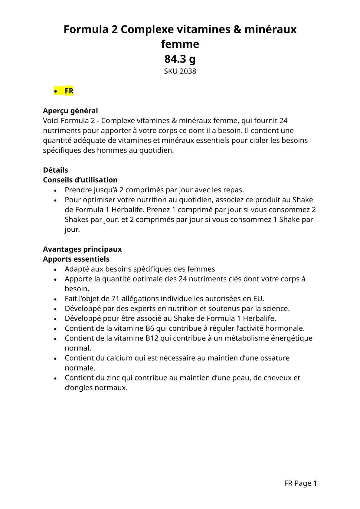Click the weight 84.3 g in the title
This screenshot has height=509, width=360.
pos(180,59)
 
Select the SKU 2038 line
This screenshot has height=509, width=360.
pos(180,71)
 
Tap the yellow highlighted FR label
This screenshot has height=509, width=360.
pos(69,91)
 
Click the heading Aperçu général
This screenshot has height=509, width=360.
pos(70,111)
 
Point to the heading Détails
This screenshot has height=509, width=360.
pos(55,170)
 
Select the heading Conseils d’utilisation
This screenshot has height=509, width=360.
pos(80,180)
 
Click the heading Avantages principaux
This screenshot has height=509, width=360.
pos(82,249)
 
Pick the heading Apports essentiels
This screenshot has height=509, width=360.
pos(76,259)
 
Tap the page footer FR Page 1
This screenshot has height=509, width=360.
pos(300,483)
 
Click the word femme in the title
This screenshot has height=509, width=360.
pos(180,44)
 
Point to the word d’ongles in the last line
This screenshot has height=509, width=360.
pos(79,388)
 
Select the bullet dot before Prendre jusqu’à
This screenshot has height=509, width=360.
pos(55,191)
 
